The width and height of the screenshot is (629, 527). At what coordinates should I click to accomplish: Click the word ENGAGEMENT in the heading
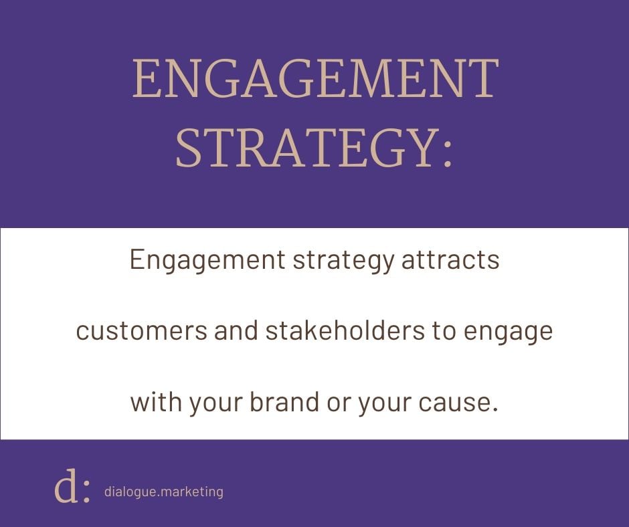pyautogui.click(x=316, y=79)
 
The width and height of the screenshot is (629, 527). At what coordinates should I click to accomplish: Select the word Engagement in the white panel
pyautogui.click(x=207, y=261)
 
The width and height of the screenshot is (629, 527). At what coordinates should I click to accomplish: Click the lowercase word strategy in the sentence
pyautogui.click(x=343, y=261)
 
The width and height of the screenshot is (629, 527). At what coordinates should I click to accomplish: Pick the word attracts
pyautogui.click(x=450, y=260)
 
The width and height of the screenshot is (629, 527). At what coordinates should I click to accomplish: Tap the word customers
pyautogui.click(x=142, y=332)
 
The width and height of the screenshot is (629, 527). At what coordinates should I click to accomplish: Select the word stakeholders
pyautogui.click(x=345, y=330)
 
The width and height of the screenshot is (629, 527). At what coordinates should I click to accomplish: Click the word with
pyautogui.click(x=156, y=401)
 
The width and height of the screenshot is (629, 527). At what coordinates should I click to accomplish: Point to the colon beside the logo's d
pyautogui.click(x=86, y=492)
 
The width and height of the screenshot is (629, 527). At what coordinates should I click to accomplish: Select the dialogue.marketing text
pyautogui.click(x=164, y=492)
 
